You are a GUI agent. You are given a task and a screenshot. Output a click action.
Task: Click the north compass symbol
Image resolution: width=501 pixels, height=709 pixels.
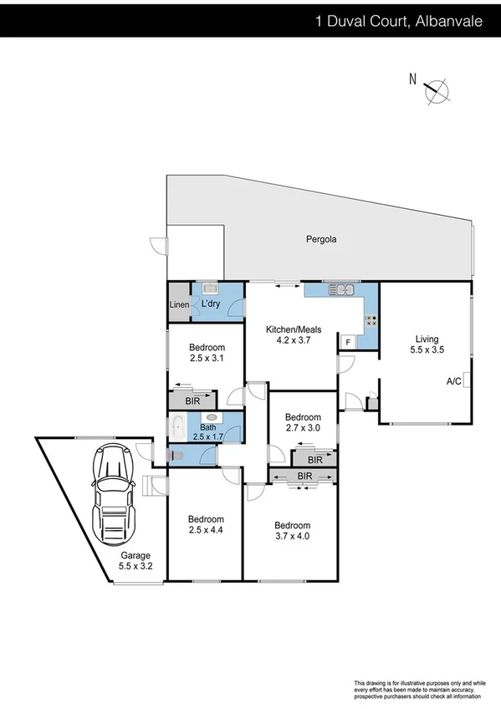pyautogui.click(x=436, y=91)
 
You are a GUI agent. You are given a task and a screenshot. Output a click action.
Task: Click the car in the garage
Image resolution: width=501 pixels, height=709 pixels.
pyautogui.click(x=112, y=494)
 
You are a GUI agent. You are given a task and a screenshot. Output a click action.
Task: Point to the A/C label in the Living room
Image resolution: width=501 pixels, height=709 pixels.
pyautogui.click(x=454, y=381)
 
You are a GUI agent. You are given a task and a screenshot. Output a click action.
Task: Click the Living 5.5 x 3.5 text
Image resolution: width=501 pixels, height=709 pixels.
pyautogui.click(x=427, y=344)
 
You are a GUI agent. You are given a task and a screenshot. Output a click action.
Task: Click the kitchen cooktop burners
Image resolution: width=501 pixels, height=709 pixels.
pyautogui.click(x=371, y=320)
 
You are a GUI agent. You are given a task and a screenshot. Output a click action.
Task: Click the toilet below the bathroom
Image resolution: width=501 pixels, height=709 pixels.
pyautogui.click(x=175, y=455)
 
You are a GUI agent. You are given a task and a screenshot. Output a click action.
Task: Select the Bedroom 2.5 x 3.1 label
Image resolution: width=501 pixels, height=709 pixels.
pyautogui.click(x=207, y=354)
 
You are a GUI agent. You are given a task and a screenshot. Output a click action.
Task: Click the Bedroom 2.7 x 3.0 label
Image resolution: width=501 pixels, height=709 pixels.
pyautogui.click(x=303, y=422)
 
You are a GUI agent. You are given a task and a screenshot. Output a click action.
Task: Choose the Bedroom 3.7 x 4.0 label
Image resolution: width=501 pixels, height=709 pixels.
pyautogui.click(x=293, y=531)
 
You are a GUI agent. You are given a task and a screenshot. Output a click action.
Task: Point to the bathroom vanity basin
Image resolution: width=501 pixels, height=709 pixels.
pyautogui.click(x=211, y=416)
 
